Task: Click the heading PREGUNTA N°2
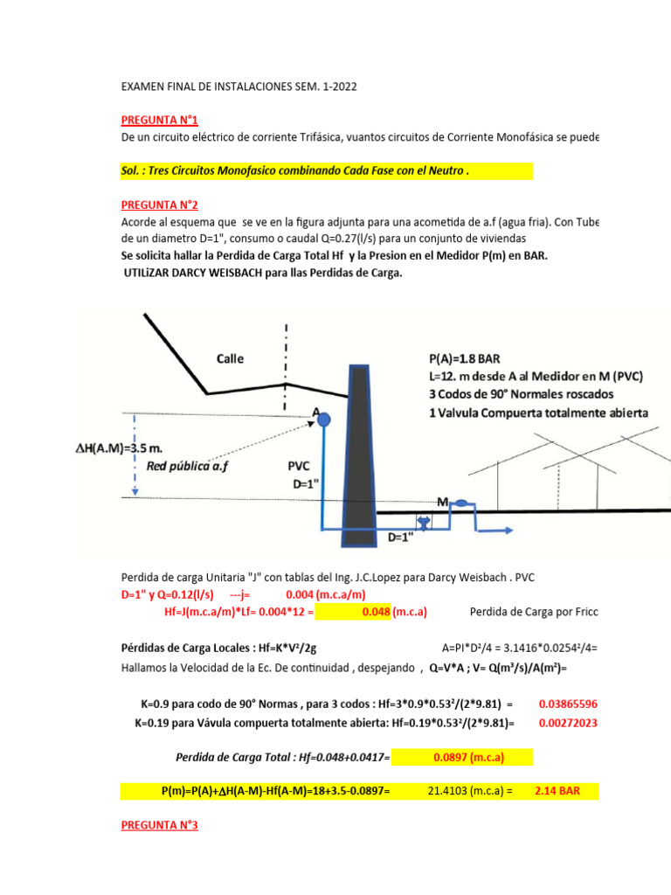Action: tap(160, 205)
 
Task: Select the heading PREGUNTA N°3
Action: tap(160, 824)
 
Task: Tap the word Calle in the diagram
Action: tap(230, 358)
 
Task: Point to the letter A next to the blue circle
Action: tap(315, 412)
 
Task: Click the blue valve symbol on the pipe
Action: tap(424, 522)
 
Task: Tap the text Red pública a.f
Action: tap(187, 466)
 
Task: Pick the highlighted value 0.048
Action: tap(377, 612)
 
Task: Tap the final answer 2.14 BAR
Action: tap(557, 791)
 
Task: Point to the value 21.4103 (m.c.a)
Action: tap(467, 791)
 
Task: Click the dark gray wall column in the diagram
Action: tap(359, 454)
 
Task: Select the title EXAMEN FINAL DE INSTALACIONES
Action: tap(239, 87)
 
